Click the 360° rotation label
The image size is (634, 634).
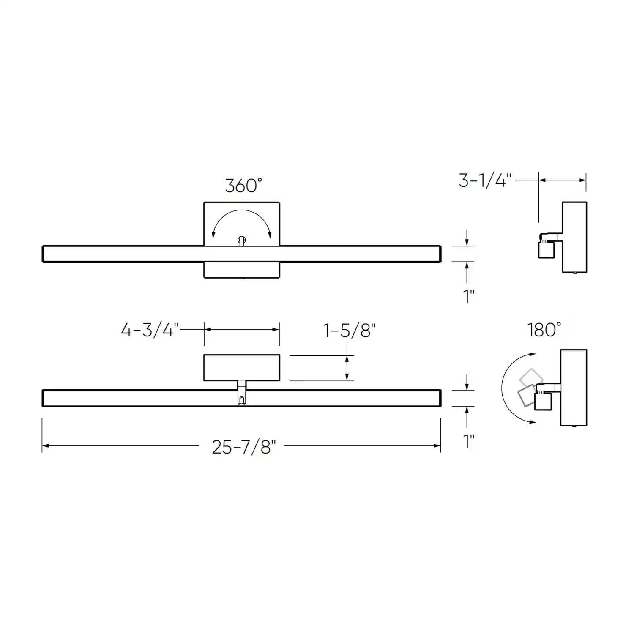tap(243, 186)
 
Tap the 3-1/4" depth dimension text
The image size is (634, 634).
tap(485, 181)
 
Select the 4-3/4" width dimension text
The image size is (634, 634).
tap(150, 330)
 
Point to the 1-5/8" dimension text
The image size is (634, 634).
tap(350, 331)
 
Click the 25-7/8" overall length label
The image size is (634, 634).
tap(244, 447)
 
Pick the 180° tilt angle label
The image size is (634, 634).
tap(544, 330)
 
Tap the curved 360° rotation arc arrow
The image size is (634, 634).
tap(241, 216)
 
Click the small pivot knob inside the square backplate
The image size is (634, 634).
tap(241, 240)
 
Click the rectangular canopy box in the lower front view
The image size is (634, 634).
tap(241, 367)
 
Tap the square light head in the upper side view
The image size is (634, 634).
tap(546, 250)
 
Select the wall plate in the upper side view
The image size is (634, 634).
tap(574, 237)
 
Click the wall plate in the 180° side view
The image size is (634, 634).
tap(574, 387)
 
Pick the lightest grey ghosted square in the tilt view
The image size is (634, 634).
tap(531, 377)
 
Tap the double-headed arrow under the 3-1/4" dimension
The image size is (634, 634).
tap(562, 180)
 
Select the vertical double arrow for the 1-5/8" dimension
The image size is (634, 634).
tap(347, 367)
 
